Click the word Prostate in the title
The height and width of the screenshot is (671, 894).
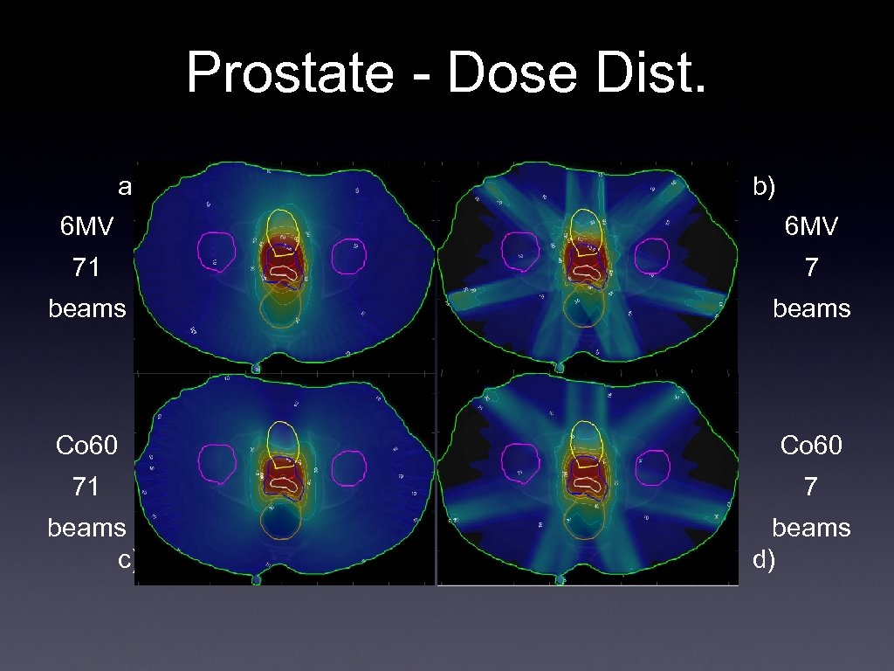point(289,73)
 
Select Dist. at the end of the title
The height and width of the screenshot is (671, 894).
point(652,73)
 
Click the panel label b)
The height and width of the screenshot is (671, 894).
point(764,185)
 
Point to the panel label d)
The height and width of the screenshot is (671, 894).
point(764,559)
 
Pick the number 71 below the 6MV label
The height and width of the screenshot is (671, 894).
point(86,267)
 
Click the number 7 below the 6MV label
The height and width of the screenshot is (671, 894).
point(811,267)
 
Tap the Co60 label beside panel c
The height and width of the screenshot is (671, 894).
point(86,446)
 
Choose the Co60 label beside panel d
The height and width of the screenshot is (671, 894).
point(811,446)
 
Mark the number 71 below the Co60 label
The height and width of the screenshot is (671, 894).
point(86,487)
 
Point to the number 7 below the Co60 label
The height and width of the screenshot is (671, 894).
point(811,487)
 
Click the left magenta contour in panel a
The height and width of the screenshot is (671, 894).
point(217,251)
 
